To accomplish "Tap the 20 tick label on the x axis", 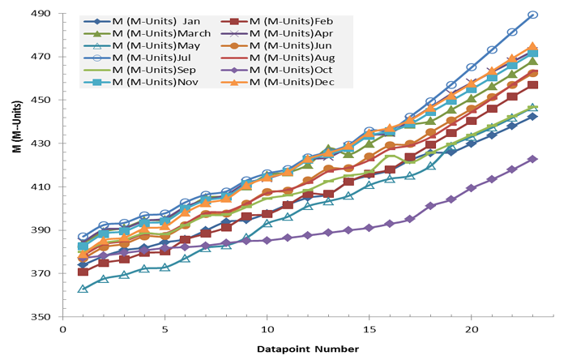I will (471, 331).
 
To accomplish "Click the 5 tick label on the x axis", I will (164, 331).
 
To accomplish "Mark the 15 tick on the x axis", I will (369, 331).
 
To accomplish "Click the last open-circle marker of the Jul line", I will (532, 15).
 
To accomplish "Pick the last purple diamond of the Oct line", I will (532, 159).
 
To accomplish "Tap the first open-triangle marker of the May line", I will (83, 289).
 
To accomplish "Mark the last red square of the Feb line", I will (532, 85).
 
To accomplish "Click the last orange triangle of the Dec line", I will (532, 47).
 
